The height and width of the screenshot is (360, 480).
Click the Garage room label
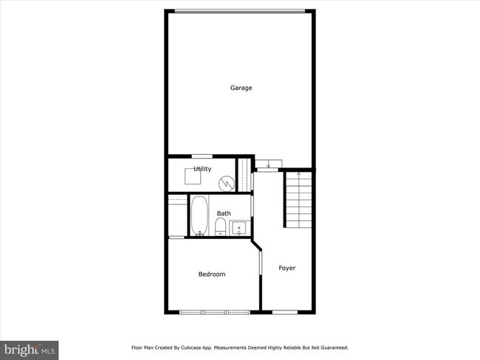click(x=241, y=88)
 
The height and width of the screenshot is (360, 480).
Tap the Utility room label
click(x=202, y=169)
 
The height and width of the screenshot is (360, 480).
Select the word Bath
click(x=223, y=214)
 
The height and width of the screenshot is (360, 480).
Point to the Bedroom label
click(x=211, y=274)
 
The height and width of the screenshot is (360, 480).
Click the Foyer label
click(x=287, y=268)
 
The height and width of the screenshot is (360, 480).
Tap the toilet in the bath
click(x=220, y=226)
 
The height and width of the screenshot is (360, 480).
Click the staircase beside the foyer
click(x=298, y=198)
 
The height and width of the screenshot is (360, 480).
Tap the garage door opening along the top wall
click(x=239, y=10)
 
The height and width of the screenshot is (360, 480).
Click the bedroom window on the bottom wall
click(x=215, y=312)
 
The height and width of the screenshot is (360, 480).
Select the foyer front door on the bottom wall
click(x=284, y=312)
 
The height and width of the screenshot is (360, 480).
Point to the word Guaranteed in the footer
click(x=332, y=347)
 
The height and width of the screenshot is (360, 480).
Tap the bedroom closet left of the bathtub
click(x=176, y=216)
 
